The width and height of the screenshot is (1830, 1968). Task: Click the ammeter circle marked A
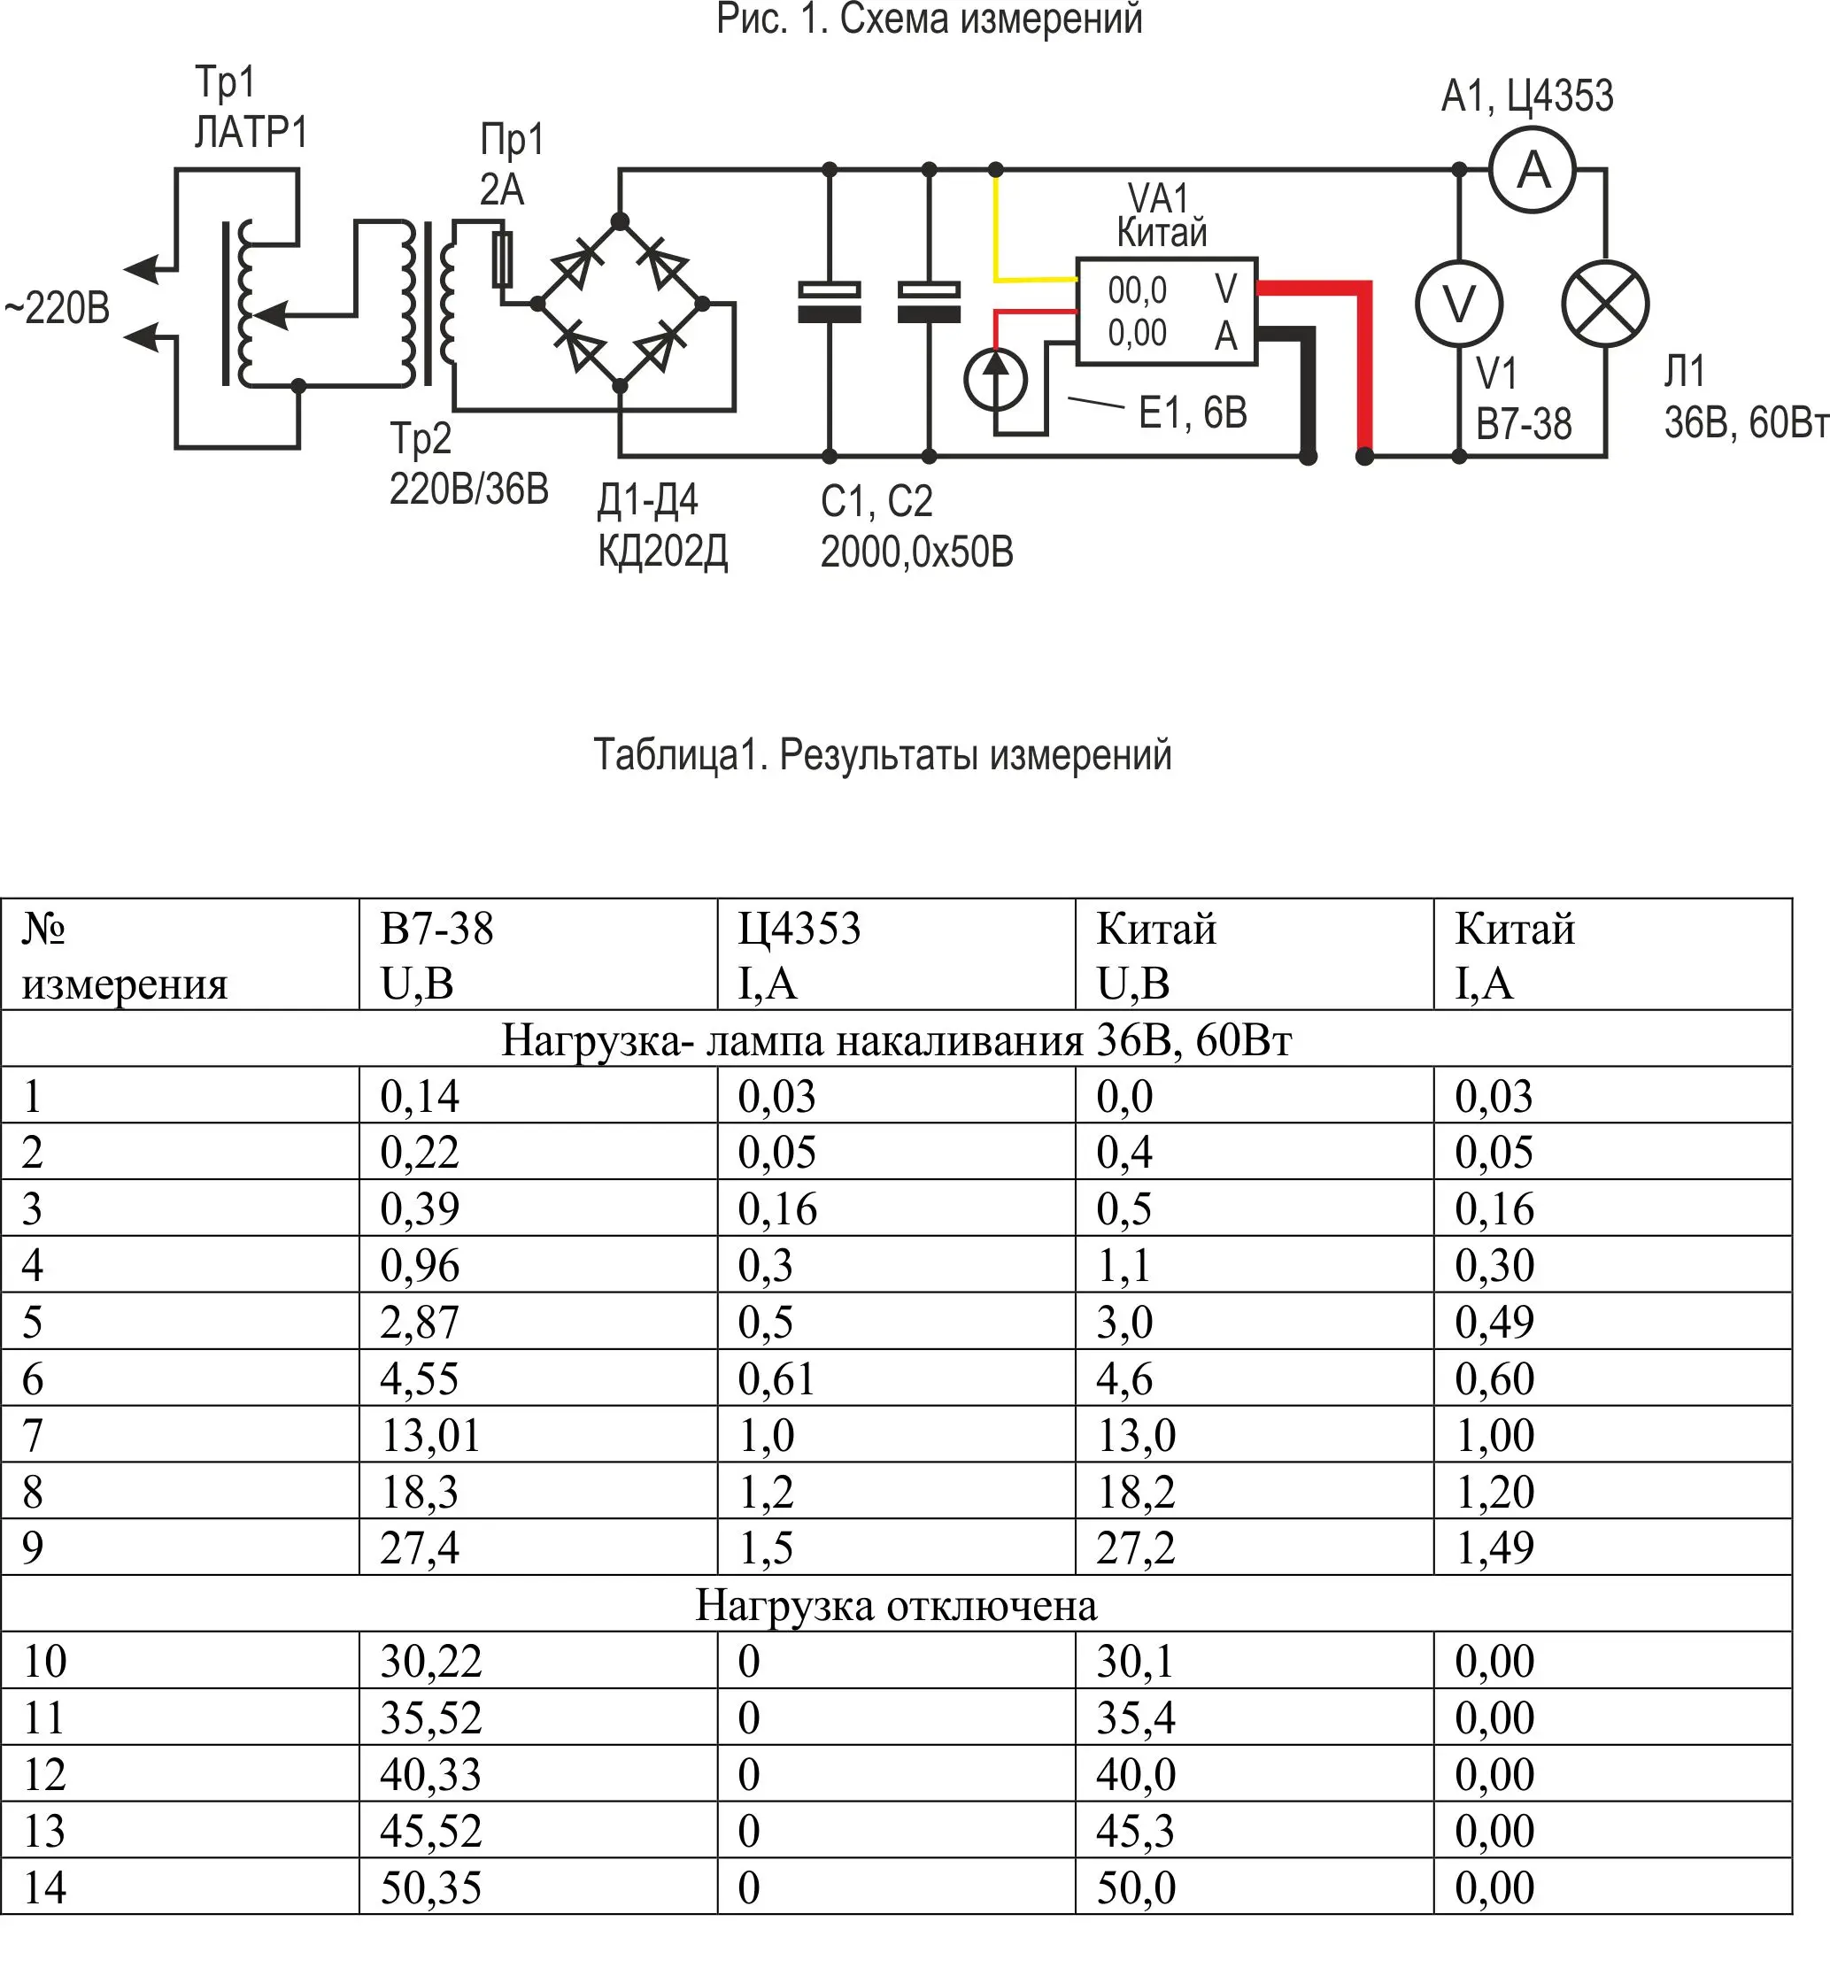click(1532, 171)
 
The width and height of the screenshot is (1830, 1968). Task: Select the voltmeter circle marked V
click(1459, 304)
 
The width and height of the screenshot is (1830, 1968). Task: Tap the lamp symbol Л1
click(1604, 304)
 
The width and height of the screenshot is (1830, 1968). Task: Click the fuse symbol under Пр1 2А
click(502, 259)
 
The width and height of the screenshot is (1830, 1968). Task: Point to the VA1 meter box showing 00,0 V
click(1165, 312)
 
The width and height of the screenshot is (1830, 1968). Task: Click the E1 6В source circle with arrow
click(995, 379)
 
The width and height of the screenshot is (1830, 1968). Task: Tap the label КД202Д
click(662, 551)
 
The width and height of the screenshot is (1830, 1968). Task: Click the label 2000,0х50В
click(916, 552)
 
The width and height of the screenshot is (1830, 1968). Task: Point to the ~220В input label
click(58, 309)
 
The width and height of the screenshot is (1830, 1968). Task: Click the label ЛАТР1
click(251, 133)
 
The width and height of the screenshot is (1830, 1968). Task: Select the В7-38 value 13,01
click(431, 1435)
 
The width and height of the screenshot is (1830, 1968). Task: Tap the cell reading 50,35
click(431, 1887)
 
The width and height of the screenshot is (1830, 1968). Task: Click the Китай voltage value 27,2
click(1135, 1547)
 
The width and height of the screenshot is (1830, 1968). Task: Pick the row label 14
click(44, 1887)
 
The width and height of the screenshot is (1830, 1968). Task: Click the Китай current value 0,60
click(1494, 1379)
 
